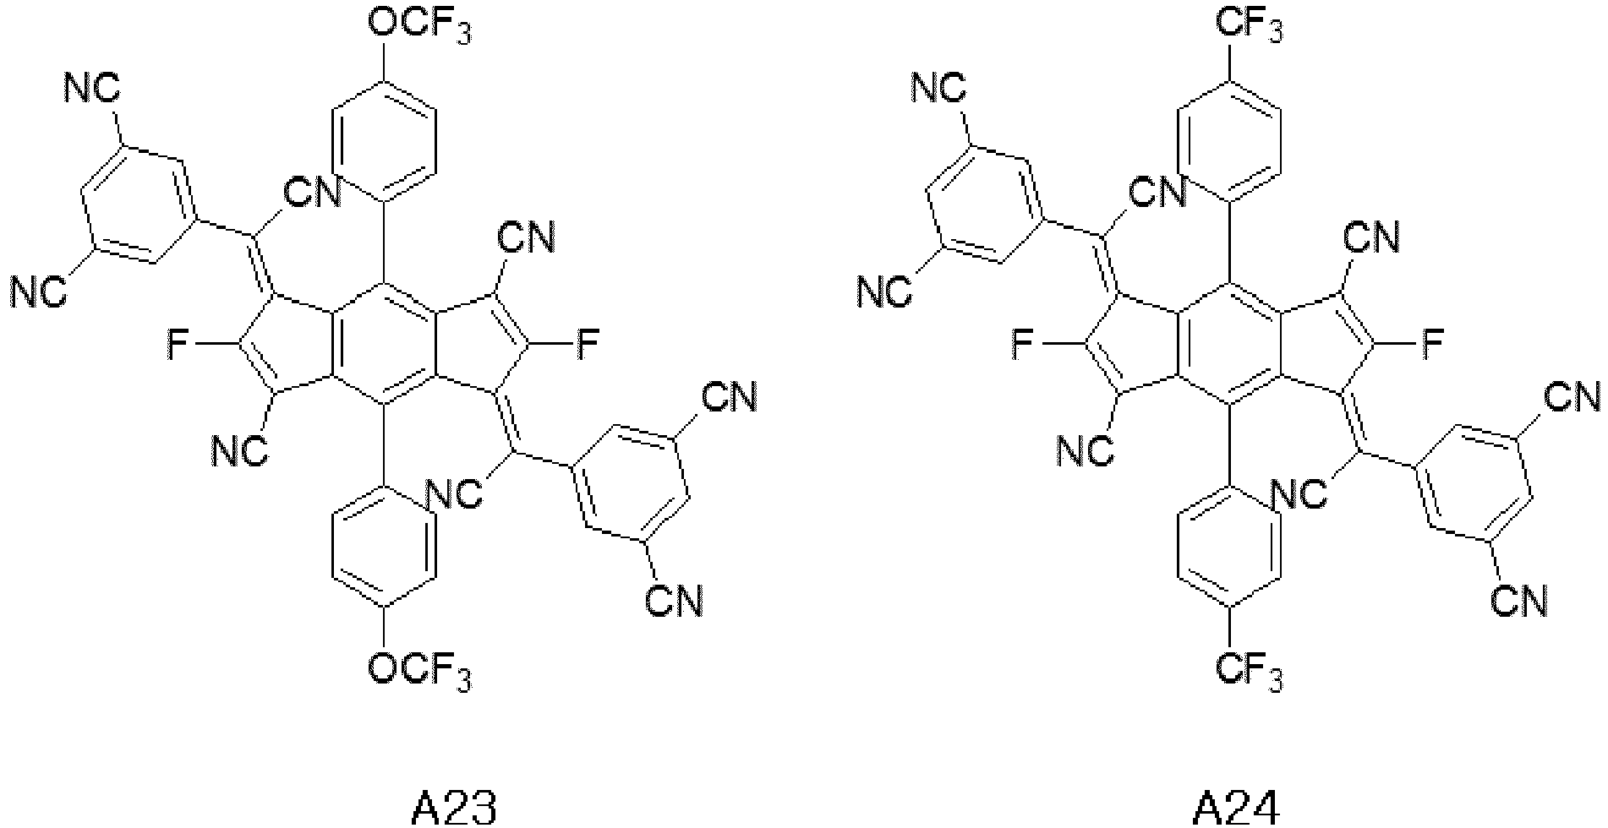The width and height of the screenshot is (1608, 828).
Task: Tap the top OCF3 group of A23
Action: click(419, 27)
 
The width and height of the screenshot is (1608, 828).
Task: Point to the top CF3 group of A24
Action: click(1249, 27)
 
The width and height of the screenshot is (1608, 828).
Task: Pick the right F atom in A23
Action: click(588, 346)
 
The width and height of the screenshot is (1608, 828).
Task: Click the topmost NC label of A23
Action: click(93, 87)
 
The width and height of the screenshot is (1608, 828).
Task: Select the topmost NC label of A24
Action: click(938, 87)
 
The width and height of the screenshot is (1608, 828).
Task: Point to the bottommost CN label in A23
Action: click(674, 601)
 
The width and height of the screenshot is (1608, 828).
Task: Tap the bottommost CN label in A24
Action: click(1518, 601)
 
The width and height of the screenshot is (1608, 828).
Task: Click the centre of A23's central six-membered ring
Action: click(383, 345)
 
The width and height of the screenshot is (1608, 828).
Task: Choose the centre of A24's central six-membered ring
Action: click(1228, 345)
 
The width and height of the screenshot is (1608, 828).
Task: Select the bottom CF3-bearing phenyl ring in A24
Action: click(1228, 548)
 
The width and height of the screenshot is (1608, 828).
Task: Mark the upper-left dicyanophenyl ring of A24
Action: click(981, 204)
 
